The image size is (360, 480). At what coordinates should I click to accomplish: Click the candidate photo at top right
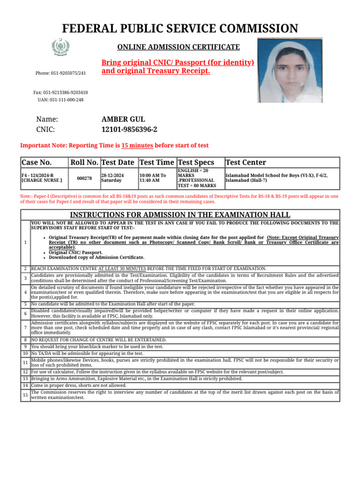coord(290,70)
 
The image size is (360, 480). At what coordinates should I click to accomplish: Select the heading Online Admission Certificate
coord(178,47)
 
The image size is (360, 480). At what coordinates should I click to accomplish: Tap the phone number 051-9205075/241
coord(60,73)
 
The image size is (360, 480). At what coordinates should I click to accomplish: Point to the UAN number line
coord(60,100)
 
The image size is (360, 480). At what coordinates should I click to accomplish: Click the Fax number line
coord(60,92)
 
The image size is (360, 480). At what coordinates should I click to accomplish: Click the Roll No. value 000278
coord(84,178)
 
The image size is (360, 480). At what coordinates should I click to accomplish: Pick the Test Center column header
coord(246,162)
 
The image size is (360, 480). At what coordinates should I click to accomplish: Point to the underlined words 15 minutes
coord(137,145)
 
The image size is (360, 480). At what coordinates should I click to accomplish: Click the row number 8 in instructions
coord(25,340)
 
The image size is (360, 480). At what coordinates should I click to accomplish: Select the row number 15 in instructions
coord(25,395)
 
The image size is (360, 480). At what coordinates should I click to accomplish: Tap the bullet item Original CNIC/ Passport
coord(75,252)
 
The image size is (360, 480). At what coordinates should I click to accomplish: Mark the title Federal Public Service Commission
coord(180,29)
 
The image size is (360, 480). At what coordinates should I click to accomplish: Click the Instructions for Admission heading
coord(180,215)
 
